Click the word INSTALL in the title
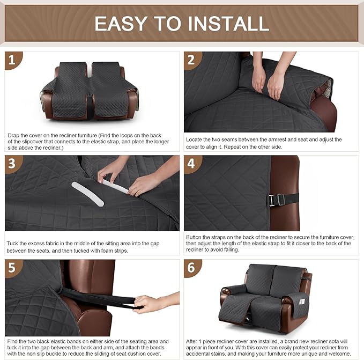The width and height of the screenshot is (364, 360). point(224,24)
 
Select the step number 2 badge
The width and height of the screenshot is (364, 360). point(192,60)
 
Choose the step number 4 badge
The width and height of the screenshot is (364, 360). point(192,164)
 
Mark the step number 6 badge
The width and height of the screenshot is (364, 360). point(192,268)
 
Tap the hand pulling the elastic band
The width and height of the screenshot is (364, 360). point(151,303)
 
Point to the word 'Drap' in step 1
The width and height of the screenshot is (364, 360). point(14,135)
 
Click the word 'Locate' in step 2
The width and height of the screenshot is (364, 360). point(195,139)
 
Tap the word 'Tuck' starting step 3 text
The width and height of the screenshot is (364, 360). point(13,244)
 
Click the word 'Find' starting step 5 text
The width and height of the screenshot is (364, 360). point(13,341)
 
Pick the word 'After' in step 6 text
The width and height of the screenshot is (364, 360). point(194,341)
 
